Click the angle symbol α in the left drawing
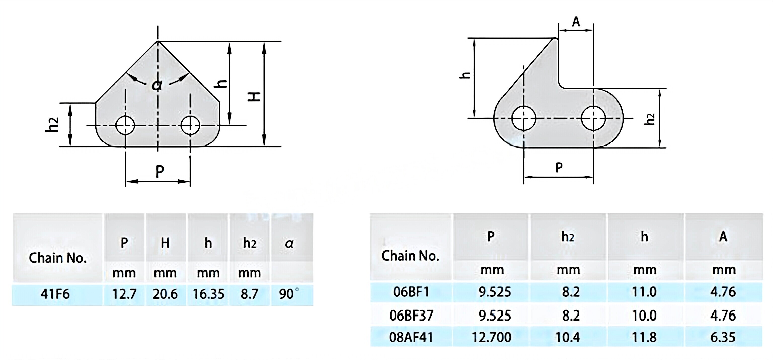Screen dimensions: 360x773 coord(157,85)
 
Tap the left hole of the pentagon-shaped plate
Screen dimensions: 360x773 coord(125,125)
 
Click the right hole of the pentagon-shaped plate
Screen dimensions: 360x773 coord(190,125)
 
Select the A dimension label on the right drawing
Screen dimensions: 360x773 coord(576,22)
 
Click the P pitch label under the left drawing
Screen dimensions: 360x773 coord(160,172)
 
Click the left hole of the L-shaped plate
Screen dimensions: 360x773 coord(524,118)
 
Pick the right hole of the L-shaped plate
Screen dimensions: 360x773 coord(593,118)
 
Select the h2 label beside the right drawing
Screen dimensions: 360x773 coord(650,119)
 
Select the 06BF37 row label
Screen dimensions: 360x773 coord(411,315)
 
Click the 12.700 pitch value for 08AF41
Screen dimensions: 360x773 coord(491,337)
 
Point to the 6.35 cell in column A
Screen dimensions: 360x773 coord(723,337)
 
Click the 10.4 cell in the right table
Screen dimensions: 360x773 coord(568,337)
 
